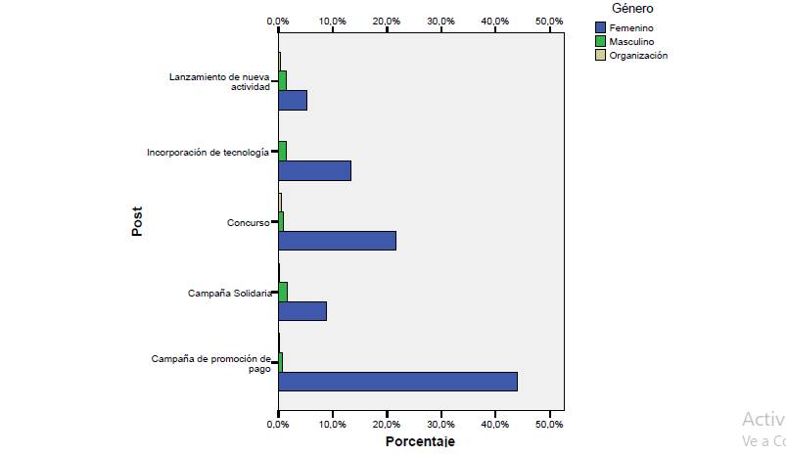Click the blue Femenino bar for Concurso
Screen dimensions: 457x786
(x=337, y=241)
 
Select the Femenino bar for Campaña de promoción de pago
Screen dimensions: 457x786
(x=397, y=382)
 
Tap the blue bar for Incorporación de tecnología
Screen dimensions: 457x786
(x=314, y=170)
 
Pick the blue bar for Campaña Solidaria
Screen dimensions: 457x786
(x=301, y=311)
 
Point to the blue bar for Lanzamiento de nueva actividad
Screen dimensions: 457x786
(x=292, y=100)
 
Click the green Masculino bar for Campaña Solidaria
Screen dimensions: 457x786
(x=283, y=292)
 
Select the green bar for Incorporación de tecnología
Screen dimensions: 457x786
(x=282, y=151)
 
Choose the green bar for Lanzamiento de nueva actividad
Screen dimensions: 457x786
(x=282, y=80)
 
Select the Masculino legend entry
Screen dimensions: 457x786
(x=631, y=42)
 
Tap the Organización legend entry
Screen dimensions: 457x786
(x=637, y=56)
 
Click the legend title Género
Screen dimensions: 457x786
(x=632, y=9)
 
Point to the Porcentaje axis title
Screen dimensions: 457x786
(x=420, y=442)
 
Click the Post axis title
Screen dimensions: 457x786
(x=138, y=221)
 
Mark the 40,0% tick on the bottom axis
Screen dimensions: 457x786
(x=495, y=425)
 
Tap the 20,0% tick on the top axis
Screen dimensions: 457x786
(x=387, y=21)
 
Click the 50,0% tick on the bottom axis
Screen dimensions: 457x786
(x=549, y=425)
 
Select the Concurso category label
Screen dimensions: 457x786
(x=248, y=223)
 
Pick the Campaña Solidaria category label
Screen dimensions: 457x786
(x=227, y=294)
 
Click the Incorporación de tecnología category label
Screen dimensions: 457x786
(x=207, y=153)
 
